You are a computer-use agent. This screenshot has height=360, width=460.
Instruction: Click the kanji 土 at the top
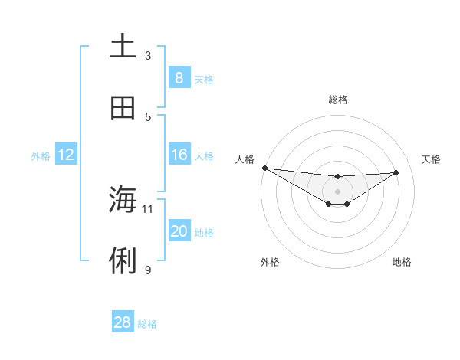tap(123, 47)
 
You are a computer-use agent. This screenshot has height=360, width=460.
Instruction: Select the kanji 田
tap(123, 109)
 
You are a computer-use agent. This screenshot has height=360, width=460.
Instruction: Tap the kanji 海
tap(123, 200)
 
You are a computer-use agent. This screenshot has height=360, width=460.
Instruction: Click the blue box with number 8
tap(179, 78)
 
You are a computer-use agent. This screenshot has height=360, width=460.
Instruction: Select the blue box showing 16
tap(179, 155)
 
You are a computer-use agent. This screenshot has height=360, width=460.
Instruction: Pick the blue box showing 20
tap(179, 231)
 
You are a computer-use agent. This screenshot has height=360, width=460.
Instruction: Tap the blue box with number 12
tap(66, 155)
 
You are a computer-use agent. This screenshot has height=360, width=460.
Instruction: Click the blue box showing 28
tap(123, 322)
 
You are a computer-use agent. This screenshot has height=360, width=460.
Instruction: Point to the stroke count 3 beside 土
tap(148, 55)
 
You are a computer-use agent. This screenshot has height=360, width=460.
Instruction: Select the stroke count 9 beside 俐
tap(148, 270)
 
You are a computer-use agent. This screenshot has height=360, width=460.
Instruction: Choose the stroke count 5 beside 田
tap(148, 116)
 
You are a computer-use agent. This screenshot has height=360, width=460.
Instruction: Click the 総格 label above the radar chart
tap(337, 100)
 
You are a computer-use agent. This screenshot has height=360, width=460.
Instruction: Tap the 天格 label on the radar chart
tap(431, 159)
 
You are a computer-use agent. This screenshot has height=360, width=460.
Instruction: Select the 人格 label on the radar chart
tap(245, 159)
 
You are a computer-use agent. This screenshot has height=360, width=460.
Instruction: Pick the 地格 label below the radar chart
tap(402, 262)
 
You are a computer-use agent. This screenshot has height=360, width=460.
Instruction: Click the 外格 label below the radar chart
tap(270, 262)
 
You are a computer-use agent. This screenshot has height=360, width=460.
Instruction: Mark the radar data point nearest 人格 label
tap(264, 168)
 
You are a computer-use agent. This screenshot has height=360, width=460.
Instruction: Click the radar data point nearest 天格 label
tap(396, 172)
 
